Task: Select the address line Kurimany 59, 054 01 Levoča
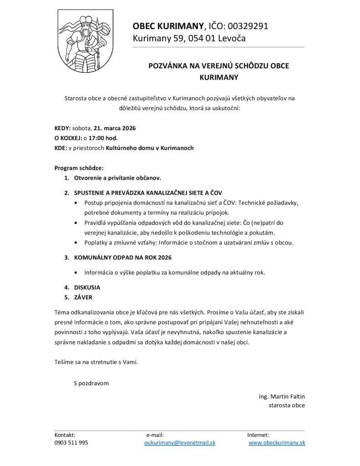tap(189, 38)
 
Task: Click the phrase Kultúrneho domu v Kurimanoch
tap(150, 148)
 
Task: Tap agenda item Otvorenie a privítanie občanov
tap(118, 178)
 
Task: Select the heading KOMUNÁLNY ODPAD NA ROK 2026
tap(123, 258)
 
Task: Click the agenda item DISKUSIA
tap(87, 288)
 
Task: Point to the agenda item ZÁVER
tap(83, 297)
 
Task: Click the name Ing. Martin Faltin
tap(282, 396)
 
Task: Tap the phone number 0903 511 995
tap(71, 442)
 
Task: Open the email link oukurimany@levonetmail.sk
tap(180, 442)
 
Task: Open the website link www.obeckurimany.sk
tap(277, 442)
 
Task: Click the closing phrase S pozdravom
tap(91, 383)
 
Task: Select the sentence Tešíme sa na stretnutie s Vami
tap(96, 362)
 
